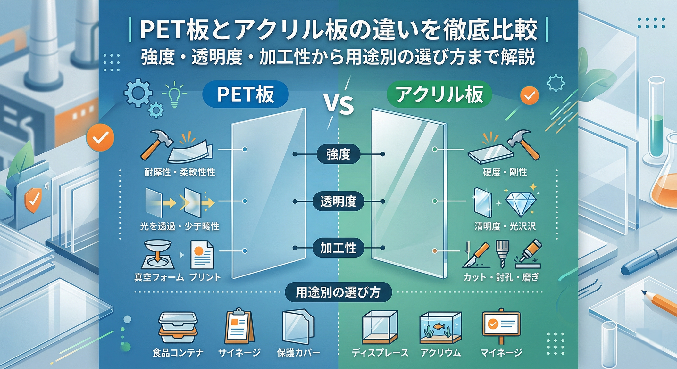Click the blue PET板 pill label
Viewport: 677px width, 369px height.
[x=246, y=94]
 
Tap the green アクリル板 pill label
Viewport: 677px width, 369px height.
[x=439, y=94]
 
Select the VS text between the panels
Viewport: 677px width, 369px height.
[x=338, y=104]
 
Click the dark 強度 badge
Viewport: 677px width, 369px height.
[x=338, y=154]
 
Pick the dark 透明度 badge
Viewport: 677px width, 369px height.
[x=338, y=201]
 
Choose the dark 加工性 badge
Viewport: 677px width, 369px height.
[x=338, y=248]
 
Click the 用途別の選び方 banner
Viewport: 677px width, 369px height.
[x=338, y=292]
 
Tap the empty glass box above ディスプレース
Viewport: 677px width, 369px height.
[x=380, y=327]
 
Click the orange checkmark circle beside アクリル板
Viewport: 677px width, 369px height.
[x=529, y=95]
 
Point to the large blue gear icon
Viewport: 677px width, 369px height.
[x=138, y=93]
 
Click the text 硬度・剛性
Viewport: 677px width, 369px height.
[x=505, y=172]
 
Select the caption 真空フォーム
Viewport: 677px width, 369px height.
[x=159, y=277]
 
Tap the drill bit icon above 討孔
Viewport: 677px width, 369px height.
[x=502, y=253]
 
